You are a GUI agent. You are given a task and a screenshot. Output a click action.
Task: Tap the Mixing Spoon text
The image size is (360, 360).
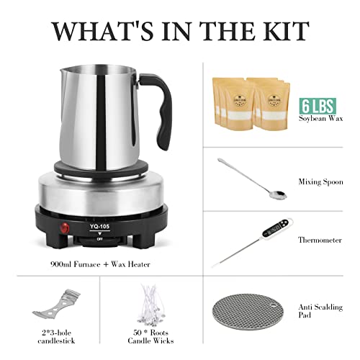click(320, 182)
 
